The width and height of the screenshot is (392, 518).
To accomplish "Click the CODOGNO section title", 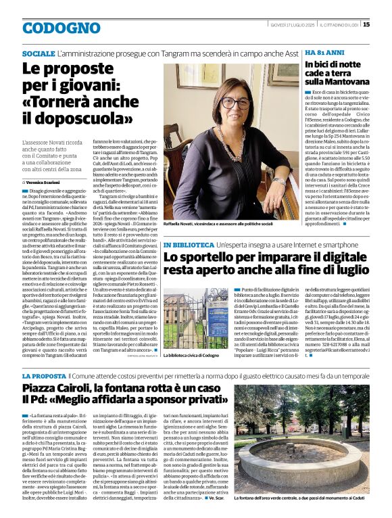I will (61, 28).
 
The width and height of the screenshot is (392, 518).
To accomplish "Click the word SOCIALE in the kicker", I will (39, 53).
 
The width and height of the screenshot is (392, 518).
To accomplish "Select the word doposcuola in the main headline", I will (77, 119).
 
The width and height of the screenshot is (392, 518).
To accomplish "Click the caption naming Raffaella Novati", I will (218, 222).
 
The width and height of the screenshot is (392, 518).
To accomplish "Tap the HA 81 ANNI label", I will (322, 53).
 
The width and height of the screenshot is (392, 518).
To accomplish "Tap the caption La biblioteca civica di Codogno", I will (192, 355).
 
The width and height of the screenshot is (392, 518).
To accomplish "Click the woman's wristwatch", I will (278, 181).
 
